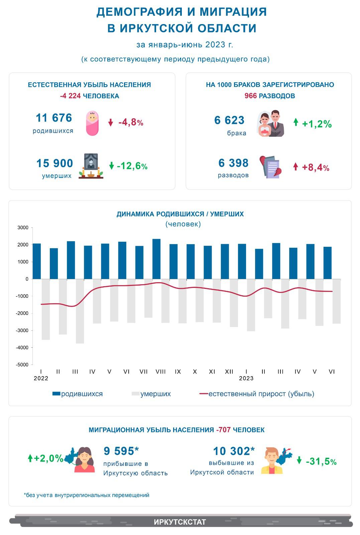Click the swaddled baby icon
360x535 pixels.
pyautogui.click(x=92, y=123)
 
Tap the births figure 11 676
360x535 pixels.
pyautogui.click(x=54, y=118)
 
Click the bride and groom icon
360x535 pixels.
pyautogui.click(x=270, y=123)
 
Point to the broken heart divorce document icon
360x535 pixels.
pyautogui.click(x=270, y=167)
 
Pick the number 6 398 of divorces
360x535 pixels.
pyautogui.click(x=233, y=163)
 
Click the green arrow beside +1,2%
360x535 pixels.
pyautogui.click(x=296, y=122)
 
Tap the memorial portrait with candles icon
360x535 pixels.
pyautogui.click(x=91, y=166)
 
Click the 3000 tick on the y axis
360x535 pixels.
pyautogui.click(x=23, y=228)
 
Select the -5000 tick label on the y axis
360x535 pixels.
pyautogui.click(x=22, y=365)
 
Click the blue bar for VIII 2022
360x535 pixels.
pyautogui.click(x=156, y=259)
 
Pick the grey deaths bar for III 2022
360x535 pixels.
pyautogui.click(x=80, y=311)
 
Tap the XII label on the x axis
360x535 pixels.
pyautogui.click(x=229, y=371)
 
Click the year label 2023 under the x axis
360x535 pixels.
pyautogui.click(x=246, y=378)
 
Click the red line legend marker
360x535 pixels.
pyautogui.click(x=204, y=394)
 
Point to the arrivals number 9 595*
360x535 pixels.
pyautogui.click(x=121, y=451)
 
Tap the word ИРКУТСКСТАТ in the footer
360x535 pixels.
pyautogui.click(x=180, y=522)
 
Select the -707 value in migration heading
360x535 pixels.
pyautogui.click(x=223, y=430)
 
